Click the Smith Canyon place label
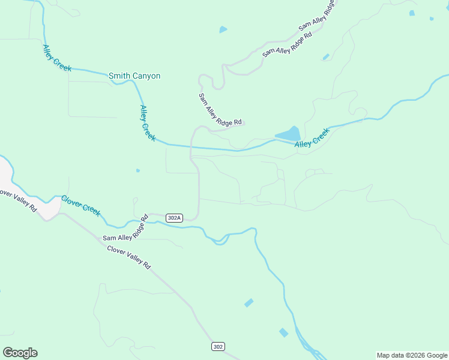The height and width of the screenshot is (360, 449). pos(134,76)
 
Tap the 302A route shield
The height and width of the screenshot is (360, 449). pos(174,218)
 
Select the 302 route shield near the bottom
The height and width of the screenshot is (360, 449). pos(218,346)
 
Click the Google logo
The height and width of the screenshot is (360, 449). pos(20,353)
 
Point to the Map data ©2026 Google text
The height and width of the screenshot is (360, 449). pos(412,355)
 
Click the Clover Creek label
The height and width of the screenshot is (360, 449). pos(81,206)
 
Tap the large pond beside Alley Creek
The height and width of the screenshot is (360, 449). pos(288,134)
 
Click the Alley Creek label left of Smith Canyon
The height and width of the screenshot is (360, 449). pos(57,58)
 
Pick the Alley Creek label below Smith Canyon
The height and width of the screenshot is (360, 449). pos(147,123)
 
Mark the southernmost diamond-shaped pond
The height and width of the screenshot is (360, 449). pos(283,332)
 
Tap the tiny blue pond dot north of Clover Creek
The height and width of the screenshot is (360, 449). pos(138,170)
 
